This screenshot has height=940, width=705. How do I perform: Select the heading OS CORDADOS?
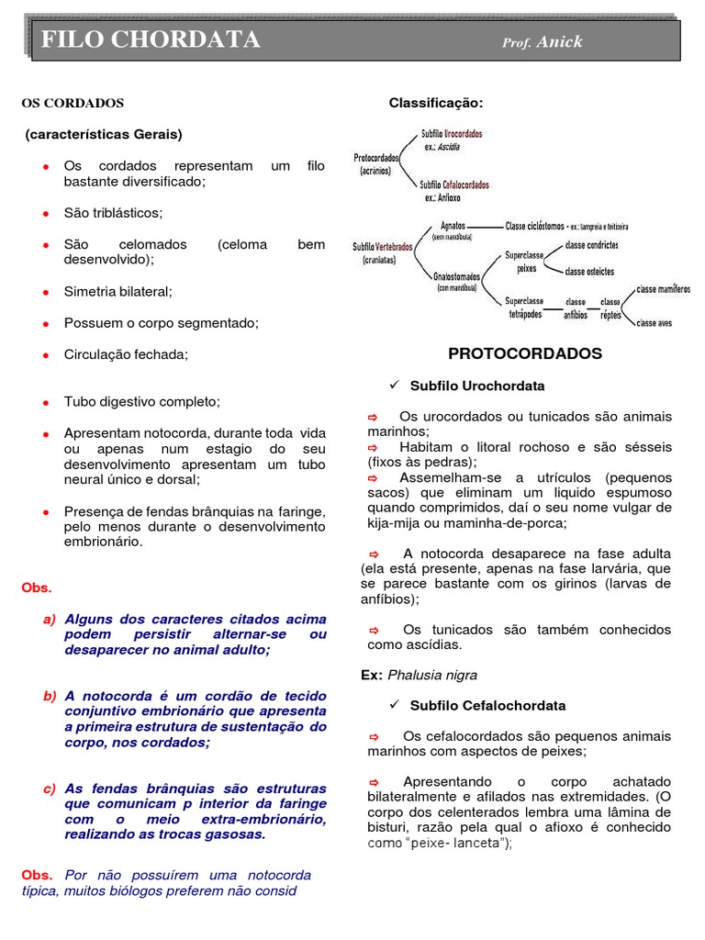coord(73,103)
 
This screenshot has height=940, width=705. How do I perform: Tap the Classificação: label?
coord(435,103)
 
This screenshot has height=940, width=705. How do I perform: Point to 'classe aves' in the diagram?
coord(655,323)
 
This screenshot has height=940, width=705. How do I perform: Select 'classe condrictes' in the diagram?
coord(591,246)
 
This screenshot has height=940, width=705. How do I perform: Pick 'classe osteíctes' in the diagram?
coord(589,272)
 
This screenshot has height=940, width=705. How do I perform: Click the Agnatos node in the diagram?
coord(453,225)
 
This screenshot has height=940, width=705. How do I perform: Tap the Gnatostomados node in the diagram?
coord(456,275)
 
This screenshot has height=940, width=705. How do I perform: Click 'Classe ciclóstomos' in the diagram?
coord(534,225)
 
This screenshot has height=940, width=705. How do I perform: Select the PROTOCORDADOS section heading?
coord(524,353)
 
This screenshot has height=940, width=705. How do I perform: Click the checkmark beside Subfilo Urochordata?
coord(395,385)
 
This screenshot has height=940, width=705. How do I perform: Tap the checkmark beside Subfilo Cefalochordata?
coord(395,705)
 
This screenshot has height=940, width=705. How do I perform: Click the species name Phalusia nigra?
coord(432,675)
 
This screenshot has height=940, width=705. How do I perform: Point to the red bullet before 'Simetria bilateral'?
coord(45,292)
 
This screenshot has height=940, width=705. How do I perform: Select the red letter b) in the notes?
coord(50,696)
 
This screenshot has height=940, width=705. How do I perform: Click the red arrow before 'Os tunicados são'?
coord(374,630)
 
